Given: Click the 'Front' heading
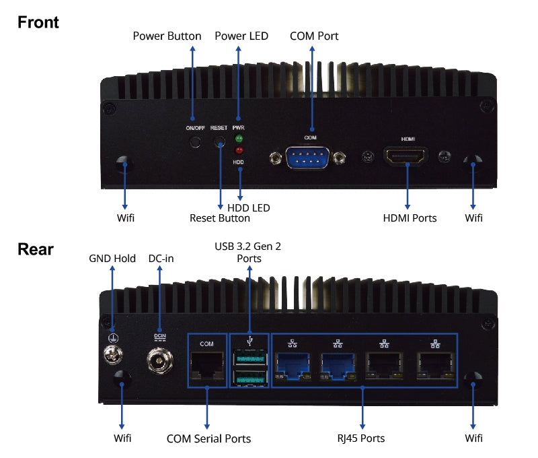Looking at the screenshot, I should coord(38,22).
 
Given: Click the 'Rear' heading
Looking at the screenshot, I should coord(36,249).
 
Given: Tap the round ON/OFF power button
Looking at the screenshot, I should coord(195,142).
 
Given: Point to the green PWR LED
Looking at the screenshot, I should coord(238,139).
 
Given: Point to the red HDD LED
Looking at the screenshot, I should coord(238,150).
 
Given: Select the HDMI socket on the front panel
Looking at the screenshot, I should coord(408,158).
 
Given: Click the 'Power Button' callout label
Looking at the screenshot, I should coord(167,36).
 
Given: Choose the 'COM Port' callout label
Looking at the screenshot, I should coord(314,36).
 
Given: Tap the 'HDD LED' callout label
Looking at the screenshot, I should coord(249,207).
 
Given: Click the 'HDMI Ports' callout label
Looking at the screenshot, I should coord(410,218).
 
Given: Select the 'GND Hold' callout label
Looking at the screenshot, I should coord(112,259).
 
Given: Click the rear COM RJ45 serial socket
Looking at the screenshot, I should coord(206,367).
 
